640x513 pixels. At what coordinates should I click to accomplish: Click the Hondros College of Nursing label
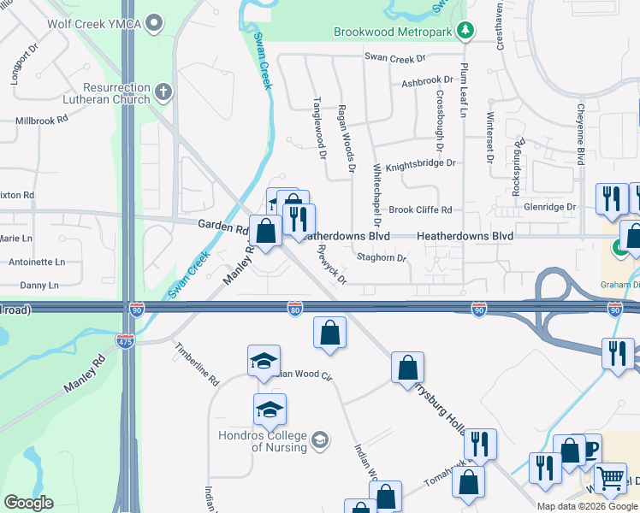point(266,441)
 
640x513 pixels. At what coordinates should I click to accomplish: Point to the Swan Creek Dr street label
point(394,58)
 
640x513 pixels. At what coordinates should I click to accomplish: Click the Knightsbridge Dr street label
point(420,166)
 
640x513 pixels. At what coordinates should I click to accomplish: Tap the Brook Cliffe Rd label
point(420,209)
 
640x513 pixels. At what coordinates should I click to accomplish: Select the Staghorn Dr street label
point(381,256)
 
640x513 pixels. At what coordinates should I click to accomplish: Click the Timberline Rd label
point(198,365)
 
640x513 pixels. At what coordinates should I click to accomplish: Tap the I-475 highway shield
point(126,340)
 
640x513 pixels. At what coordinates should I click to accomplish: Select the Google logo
point(28,503)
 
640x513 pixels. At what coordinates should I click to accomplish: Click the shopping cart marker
point(609,479)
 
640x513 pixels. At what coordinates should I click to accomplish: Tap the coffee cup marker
point(590,449)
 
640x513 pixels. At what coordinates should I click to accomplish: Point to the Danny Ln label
point(39,285)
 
